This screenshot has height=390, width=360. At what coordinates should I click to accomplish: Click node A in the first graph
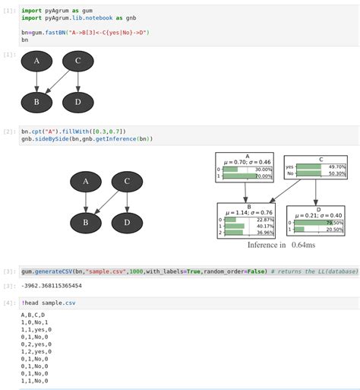pos(36,62)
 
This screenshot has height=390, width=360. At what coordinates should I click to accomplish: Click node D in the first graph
pos(77,102)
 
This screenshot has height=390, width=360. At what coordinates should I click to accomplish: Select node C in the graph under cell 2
pos(127,182)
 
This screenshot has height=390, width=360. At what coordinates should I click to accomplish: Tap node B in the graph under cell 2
pos(86,222)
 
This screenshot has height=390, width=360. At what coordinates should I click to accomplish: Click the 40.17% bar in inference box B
pos(235,226)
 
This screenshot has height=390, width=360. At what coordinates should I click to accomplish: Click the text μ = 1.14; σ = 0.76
pos(245,213)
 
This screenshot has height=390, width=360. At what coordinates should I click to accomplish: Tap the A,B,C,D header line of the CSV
pos(33,315)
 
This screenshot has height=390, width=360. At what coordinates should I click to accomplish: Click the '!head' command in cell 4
pos(32,303)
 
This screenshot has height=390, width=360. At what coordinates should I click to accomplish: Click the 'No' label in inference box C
pos(289,174)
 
